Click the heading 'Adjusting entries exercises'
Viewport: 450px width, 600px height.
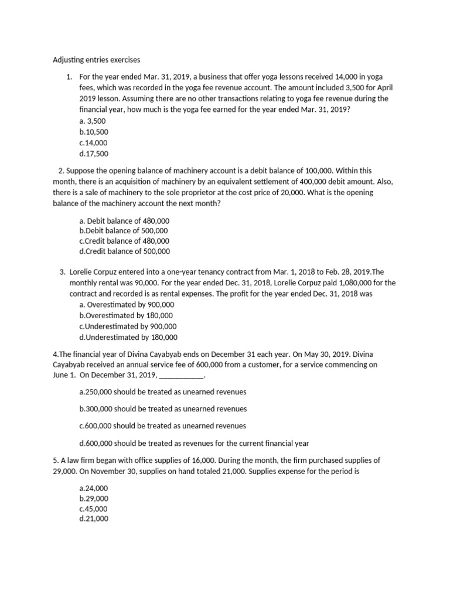97,60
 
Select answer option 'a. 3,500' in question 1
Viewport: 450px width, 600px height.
92,121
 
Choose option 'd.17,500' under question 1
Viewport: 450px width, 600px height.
94,154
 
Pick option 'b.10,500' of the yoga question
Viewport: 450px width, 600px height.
94,132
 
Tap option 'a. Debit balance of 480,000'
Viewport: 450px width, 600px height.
124,221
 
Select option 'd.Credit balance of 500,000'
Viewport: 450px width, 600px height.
124,251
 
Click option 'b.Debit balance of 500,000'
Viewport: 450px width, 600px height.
124,231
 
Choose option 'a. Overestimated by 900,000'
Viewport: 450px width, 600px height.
126,305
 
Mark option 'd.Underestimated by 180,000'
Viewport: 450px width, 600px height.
128,337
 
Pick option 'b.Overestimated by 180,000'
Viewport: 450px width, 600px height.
125,315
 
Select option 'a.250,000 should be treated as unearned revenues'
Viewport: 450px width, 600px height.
162,391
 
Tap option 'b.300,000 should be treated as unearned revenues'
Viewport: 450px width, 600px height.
162,408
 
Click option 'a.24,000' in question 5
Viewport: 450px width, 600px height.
93,488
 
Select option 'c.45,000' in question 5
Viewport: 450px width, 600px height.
93,509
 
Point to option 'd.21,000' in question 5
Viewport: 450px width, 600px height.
94,519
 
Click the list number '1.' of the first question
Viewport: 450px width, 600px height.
69,77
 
